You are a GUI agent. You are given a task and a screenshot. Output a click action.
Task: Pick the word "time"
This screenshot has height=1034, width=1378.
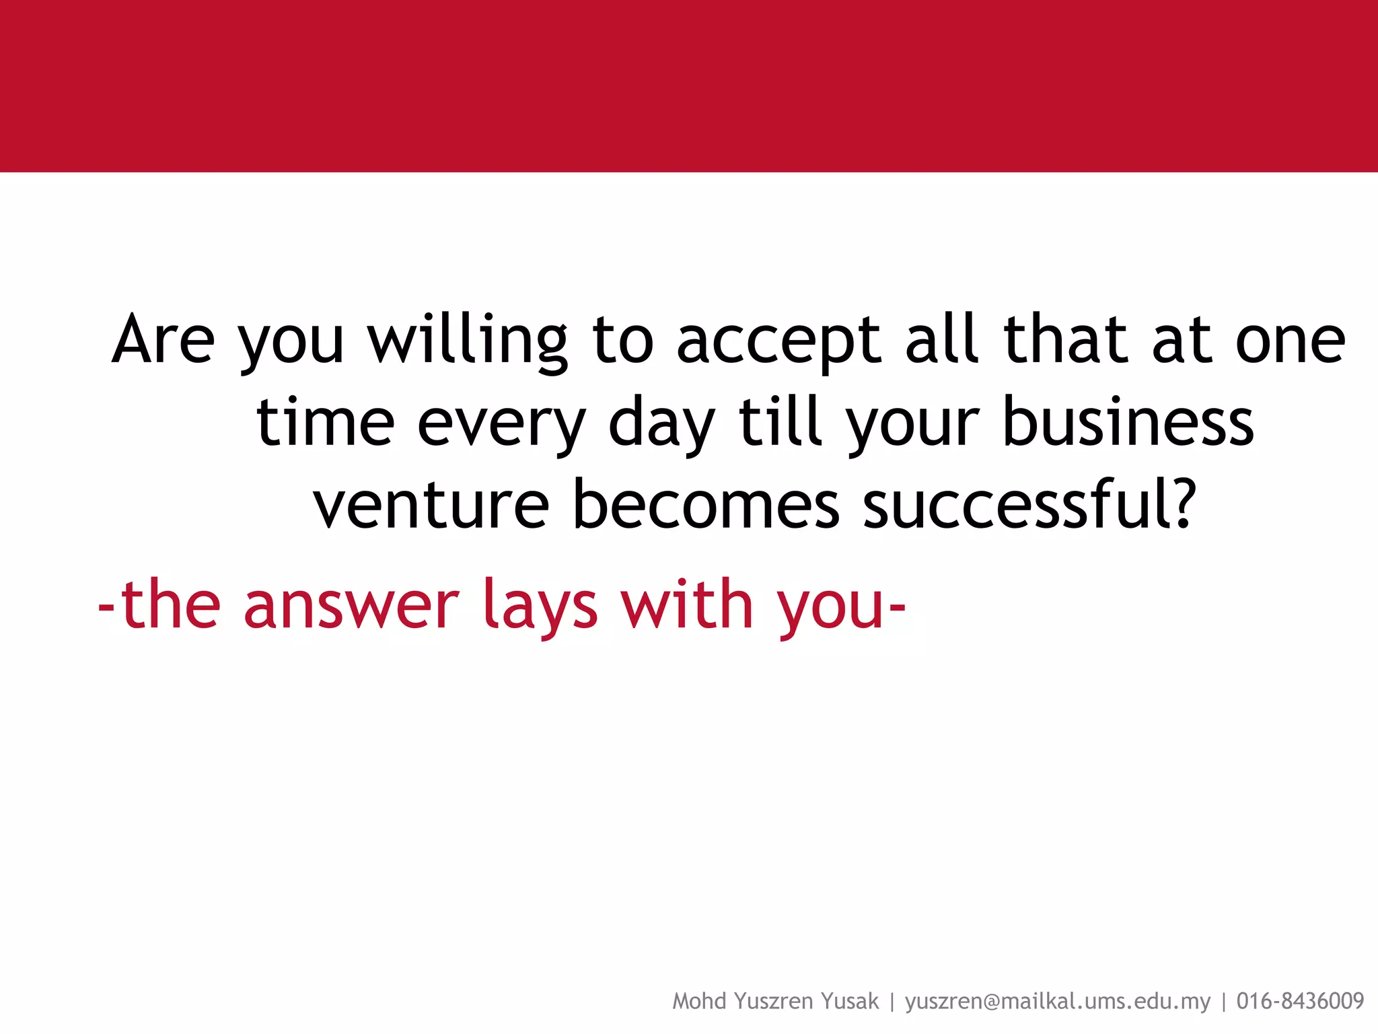pyautogui.click(x=325, y=423)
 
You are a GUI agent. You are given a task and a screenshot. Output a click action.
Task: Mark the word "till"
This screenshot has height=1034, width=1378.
pyautogui.click(x=781, y=421)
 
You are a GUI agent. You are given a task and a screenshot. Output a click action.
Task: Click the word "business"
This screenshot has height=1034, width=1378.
pyautogui.click(x=1128, y=421)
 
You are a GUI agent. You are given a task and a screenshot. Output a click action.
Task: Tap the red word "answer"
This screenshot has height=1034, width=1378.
pyautogui.click(x=351, y=605)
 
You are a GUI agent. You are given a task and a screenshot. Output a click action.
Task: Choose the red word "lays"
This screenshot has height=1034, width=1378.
pyautogui.click(x=540, y=605)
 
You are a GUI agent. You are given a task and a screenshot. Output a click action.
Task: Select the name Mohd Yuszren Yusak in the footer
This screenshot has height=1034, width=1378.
pyautogui.click(x=775, y=1002)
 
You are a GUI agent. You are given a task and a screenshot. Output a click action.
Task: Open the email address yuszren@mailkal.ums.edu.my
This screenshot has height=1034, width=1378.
pyautogui.click(x=1058, y=1002)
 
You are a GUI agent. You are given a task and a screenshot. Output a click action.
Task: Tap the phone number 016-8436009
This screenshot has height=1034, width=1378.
pyautogui.click(x=1300, y=1002)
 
